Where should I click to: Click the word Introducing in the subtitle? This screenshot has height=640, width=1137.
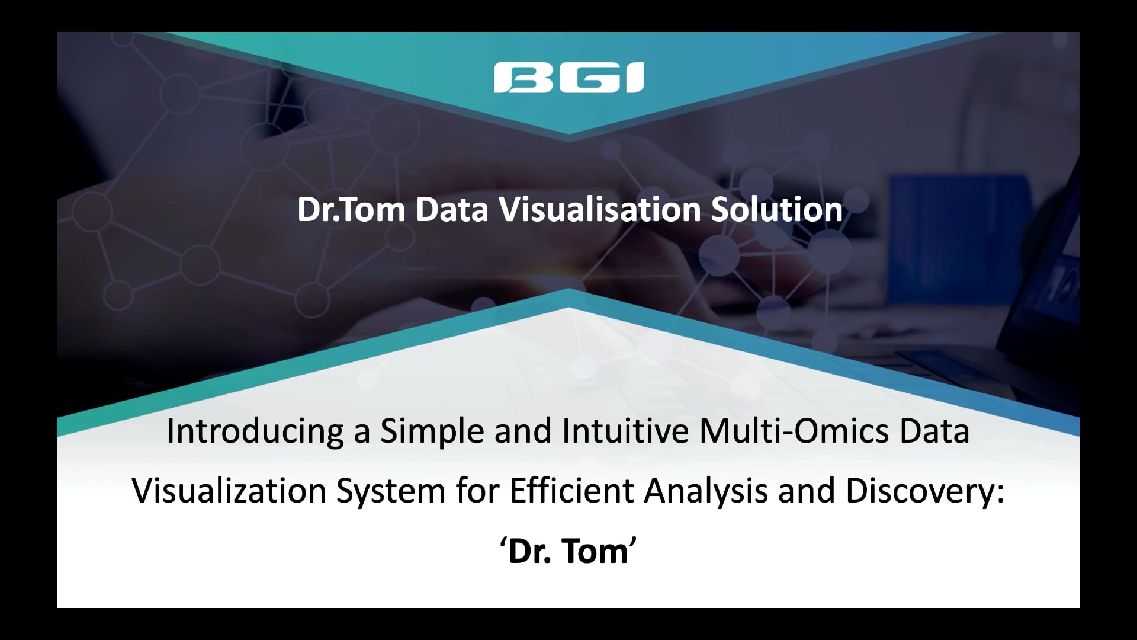tap(255, 431)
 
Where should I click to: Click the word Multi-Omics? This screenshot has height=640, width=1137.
tap(794, 431)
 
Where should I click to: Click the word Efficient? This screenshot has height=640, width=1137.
tap(571, 491)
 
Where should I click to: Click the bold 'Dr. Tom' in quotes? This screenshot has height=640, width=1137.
tap(568, 551)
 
